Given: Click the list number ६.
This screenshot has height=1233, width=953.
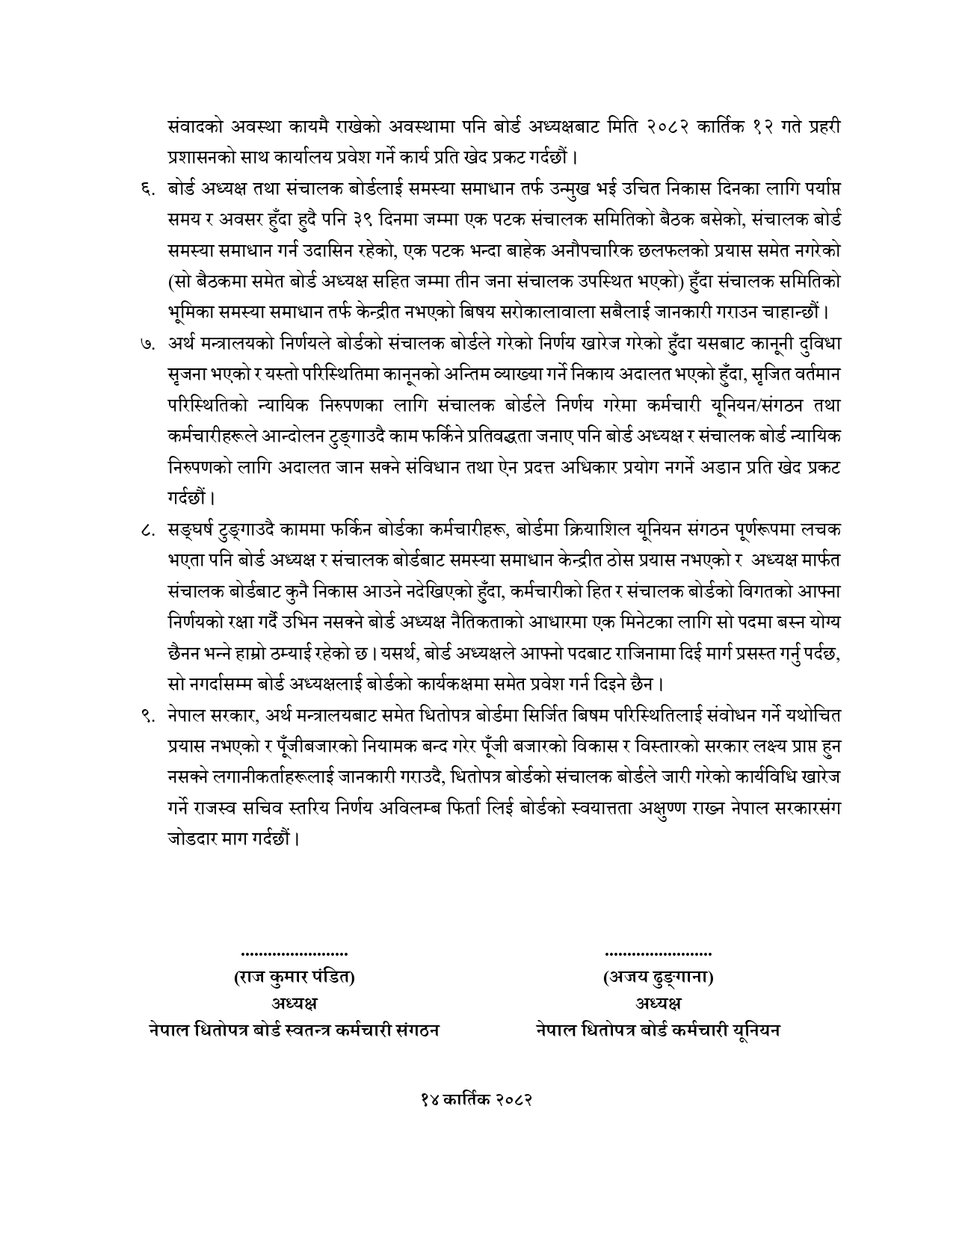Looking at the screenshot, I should tap(145, 191).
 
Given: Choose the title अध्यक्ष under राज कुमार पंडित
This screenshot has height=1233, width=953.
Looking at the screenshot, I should tap(294, 1003).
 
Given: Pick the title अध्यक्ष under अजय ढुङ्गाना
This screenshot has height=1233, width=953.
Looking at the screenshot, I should tap(658, 1003).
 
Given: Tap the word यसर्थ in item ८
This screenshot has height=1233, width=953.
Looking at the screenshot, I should tap(401, 653).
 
